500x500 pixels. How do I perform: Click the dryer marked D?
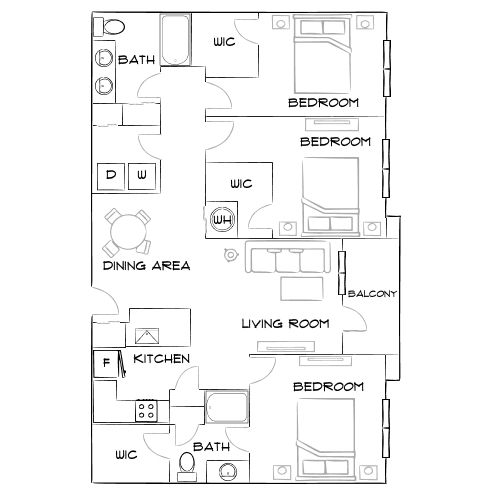coord(111,175)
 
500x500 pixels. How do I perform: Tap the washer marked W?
coord(142,175)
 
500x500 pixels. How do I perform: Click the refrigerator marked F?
coord(104,362)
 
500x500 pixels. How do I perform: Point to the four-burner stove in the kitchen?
coord(147,409)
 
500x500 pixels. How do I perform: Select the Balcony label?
coord(373,294)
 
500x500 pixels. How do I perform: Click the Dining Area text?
coord(147,266)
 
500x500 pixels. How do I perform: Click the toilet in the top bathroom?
coord(114,28)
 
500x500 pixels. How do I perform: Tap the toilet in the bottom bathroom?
coord(186,463)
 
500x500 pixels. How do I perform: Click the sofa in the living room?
coord(288,260)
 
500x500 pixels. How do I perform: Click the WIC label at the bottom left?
coord(126,454)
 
